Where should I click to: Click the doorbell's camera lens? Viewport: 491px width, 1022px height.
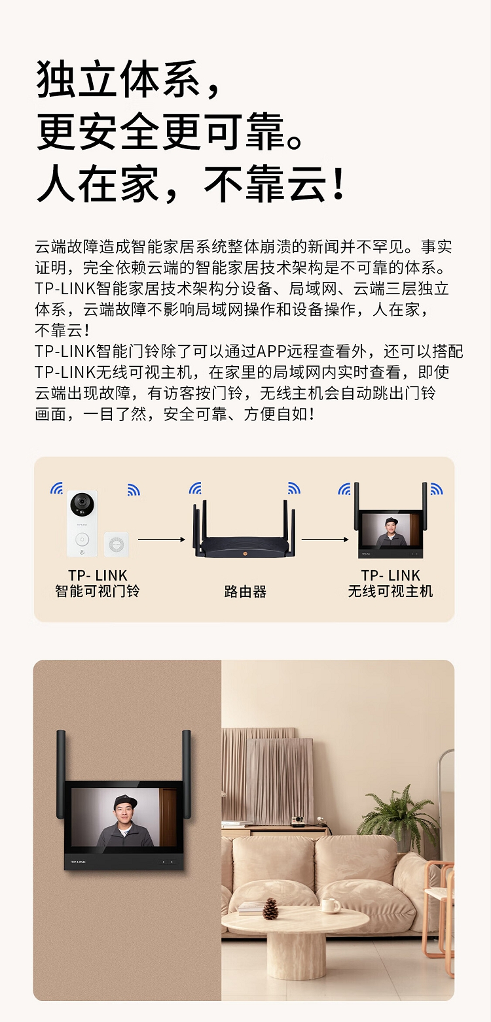82,504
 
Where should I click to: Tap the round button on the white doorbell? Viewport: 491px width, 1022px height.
82,539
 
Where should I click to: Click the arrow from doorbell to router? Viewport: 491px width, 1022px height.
161,539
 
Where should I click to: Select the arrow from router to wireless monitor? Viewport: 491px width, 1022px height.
325,539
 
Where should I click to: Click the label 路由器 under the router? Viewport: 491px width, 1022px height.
245,592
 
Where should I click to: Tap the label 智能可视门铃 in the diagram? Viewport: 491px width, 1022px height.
98,591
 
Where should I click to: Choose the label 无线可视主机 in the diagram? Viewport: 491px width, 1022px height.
390,591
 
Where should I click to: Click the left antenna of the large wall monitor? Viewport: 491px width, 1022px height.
61,774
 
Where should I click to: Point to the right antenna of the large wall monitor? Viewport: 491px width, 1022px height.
187,774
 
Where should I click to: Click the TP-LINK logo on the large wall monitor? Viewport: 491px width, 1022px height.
78,862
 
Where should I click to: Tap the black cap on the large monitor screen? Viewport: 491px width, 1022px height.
125,802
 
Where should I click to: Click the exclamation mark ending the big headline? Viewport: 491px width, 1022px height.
338,184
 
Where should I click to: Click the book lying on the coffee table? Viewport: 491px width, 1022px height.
251,908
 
